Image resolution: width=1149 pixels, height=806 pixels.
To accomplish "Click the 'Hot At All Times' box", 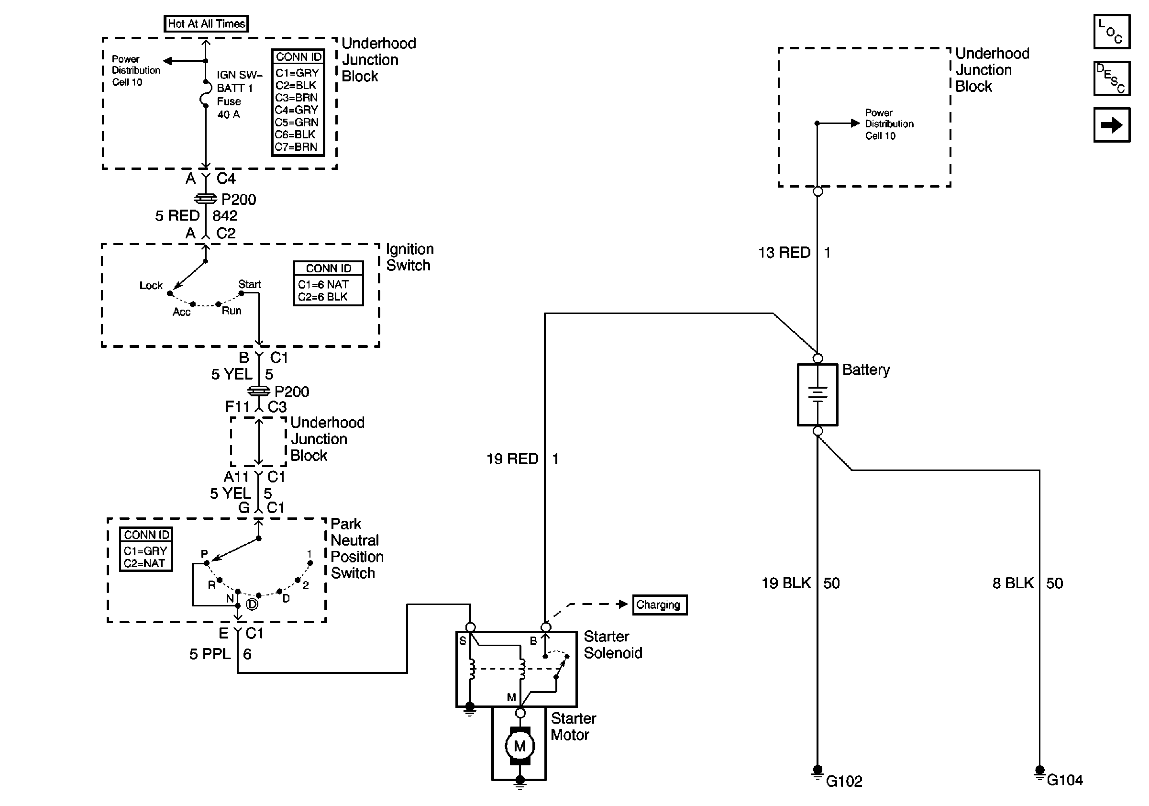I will coord(206,23).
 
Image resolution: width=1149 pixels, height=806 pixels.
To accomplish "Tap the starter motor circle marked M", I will coord(520,746).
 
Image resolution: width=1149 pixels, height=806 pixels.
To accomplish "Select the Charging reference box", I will coord(660,605).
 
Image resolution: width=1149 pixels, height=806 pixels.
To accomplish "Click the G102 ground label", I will coord(844,782).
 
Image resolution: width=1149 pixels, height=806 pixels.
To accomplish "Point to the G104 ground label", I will coord(1064,780).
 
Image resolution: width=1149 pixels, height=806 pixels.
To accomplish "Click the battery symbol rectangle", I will coord(817,394).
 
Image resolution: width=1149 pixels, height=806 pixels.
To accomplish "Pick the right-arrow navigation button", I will coord(1112,125).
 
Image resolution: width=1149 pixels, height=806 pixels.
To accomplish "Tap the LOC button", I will coord(1112,32).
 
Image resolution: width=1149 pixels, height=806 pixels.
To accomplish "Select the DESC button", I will coord(1112,78).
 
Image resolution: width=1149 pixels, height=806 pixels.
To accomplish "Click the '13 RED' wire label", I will coord(784,252).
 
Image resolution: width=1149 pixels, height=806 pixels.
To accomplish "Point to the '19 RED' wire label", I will coord(512,459).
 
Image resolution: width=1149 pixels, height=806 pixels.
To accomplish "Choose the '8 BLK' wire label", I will coord(1013,583).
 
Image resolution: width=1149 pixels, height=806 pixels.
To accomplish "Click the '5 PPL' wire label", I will coord(210,654).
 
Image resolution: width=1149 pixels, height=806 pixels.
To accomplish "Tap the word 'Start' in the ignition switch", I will coord(249,284).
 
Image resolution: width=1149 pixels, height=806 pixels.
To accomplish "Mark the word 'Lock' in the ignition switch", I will coord(151,285).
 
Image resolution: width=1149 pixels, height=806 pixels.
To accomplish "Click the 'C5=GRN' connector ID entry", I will coord(296,122).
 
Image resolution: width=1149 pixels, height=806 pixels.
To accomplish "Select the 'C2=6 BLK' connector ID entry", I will coord(323,297).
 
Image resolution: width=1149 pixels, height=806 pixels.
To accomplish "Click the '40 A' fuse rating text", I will coord(228,115).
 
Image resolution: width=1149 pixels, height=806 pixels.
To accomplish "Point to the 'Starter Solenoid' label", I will coord(613,645).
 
